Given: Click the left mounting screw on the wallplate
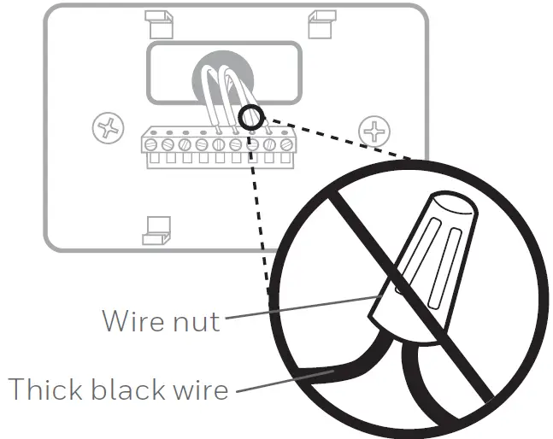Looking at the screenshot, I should coord(108,129).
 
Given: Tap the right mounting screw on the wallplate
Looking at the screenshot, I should coord(374,130).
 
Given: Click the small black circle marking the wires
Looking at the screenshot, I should coord(251,117).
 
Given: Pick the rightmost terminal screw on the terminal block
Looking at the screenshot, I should coord(285,144).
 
